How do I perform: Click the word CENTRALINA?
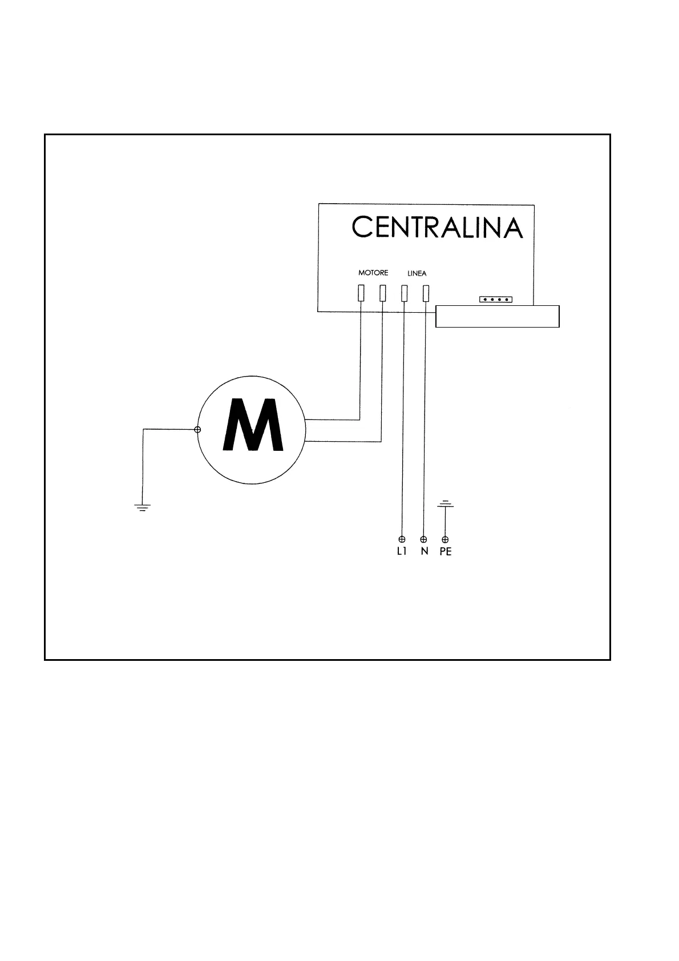coord(436,227)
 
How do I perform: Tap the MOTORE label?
coord(373,273)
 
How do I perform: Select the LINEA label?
coord(417,273)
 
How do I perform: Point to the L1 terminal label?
coord(402,552)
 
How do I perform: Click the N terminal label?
coord(424,552)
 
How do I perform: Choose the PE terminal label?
coord(446,552)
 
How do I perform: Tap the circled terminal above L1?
coord(402,539)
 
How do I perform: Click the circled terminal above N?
coord(423,539)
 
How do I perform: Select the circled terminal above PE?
coord(446,539)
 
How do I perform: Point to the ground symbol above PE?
coord(445,504)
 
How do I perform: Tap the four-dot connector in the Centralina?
coord(495,300)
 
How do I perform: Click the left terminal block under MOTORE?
coord(361,293)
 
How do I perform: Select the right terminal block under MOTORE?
coord(382,293)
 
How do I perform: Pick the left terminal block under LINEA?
coord(404,293)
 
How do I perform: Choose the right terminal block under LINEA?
coord(426,293)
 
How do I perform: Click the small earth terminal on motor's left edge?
coord(197,430)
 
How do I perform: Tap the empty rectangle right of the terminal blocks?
coord(497,316)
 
